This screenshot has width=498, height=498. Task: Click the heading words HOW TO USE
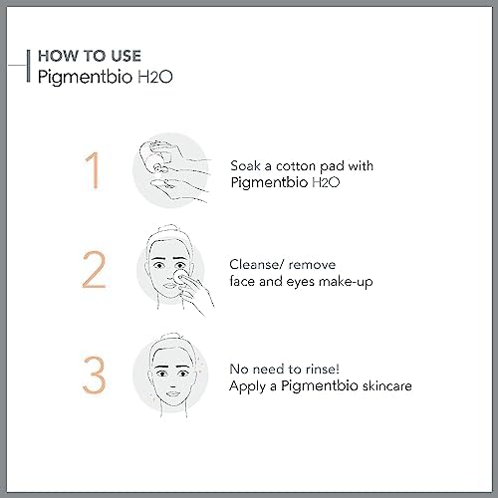click(x=90, y=56)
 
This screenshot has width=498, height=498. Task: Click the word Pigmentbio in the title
click(x=85, y=78)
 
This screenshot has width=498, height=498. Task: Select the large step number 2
click(x=94, y=269)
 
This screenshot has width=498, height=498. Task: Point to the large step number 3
click(x=94, y=374)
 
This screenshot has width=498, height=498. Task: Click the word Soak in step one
click(x=245, y=165)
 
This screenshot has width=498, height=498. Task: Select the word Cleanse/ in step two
click(x=257, y=265)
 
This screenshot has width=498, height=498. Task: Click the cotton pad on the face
click(x=179, y=277)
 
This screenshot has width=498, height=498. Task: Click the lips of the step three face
click(x=172, y=393)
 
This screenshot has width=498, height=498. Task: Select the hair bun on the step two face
click(x=170, y=229)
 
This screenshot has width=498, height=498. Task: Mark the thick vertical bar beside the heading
click(x=29, y=66)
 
